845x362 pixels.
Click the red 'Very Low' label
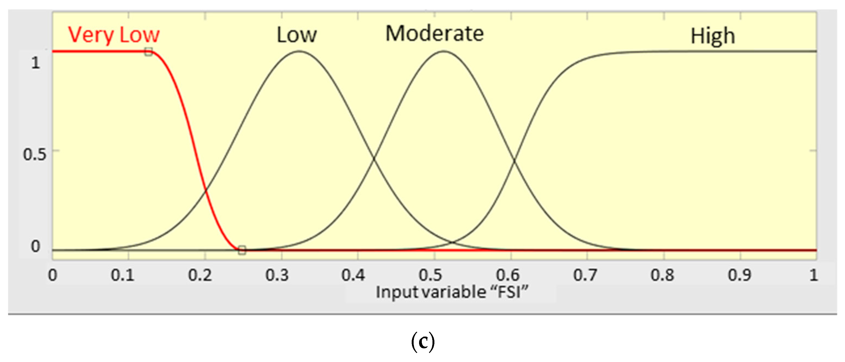coord(113,35)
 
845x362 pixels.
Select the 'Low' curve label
coord(297,35)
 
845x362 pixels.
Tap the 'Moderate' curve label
coord(434,34)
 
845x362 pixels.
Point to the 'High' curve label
coord(712,36)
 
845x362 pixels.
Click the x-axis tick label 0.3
coord(277,275)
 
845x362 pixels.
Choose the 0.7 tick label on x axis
coord(584,275)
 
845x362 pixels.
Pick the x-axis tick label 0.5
coord(430,275)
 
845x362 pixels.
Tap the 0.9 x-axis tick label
coord(739,275)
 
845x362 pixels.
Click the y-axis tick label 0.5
coord(34,154)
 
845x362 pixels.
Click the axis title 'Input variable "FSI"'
coord(452,292)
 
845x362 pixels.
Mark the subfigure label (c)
coord(423,342)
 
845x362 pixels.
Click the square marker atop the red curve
coord(149,51)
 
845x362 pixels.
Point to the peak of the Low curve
coord(299,51)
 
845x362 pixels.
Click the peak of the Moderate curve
coord(443,51)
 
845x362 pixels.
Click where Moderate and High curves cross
coord(514,160)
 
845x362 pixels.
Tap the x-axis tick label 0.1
coord(122,275)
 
